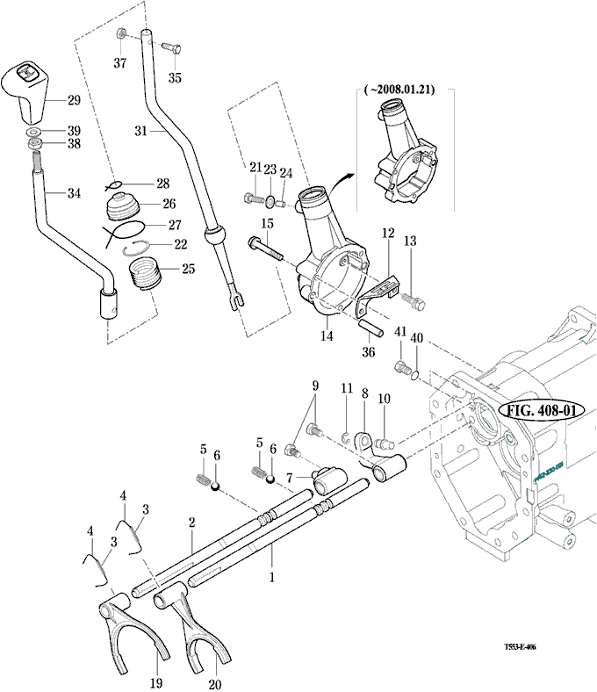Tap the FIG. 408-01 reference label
tap(536, 411)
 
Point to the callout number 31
tap(140, 131)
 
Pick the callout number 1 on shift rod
tap(272, 578)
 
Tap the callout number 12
tap(388, 234)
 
